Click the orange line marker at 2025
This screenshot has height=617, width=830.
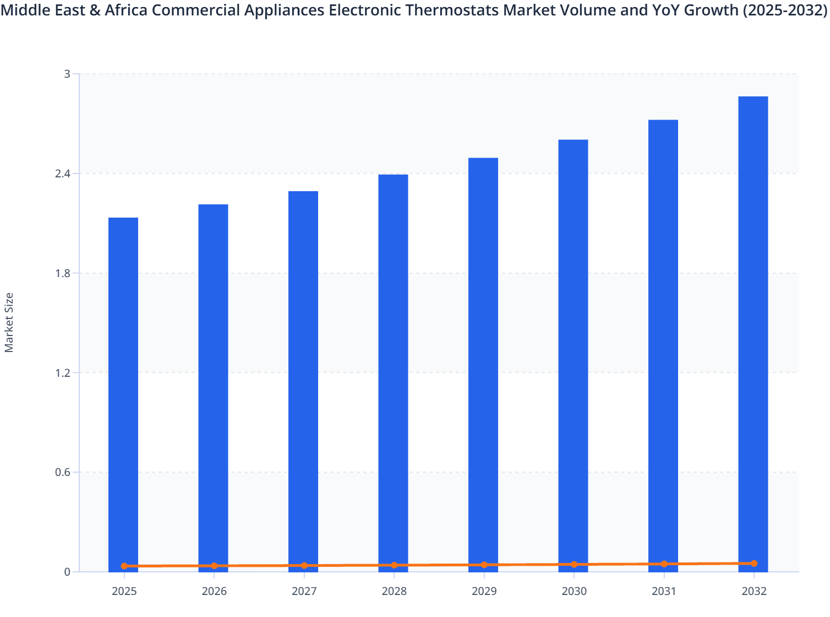[124, 566]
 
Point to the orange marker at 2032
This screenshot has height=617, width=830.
[754, 564]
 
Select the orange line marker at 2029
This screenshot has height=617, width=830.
[484, 565]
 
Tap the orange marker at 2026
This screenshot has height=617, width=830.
[214, 566]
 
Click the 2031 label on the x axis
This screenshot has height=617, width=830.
[664, 592]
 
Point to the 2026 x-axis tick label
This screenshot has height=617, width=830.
[214, 592]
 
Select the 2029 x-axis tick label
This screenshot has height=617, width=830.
[484, 592]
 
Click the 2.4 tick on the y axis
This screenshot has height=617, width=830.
[63, 174]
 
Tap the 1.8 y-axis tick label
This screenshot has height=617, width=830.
[63, 273]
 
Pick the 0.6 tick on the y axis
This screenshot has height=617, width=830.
[63, 472]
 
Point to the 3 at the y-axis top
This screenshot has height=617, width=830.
[67, 74]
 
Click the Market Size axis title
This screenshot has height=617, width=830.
[9, 322]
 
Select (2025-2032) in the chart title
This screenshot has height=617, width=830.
[784, 10]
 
